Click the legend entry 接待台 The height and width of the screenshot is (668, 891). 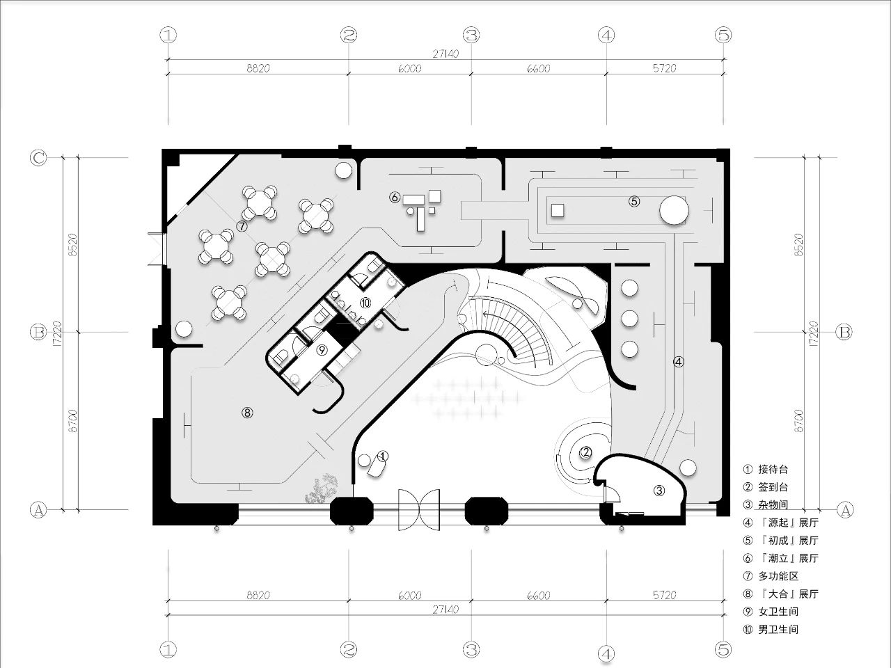pyautogui.click(x=773, y=470)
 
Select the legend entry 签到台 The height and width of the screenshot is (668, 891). pyautogui.click(x=773, y=488)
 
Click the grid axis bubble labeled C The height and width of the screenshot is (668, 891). pyautogui.click(x=38, y=158)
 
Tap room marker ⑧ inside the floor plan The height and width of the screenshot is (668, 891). pyautogui.click(x=247, y=413)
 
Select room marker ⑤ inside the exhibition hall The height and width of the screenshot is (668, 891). pyautogui.click(x=633, y=201)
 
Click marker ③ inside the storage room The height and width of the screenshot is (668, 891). pyautogui.click(x=659, y=491)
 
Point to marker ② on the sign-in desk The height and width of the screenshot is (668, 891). pyautogui.click(x=586, y=453)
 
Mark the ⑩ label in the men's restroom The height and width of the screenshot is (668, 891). pyautogui.click(x=365, y=302)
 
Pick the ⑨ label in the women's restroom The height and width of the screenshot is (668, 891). pyautogui.click(x=322, y=350)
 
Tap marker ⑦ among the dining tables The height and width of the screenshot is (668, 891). pyautogui.click(x=242, y=226)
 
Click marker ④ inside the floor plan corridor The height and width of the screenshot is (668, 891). pyautogui.click(x=679, y=362)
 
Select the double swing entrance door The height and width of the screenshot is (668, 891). pyautogui.click(x=419, y=509)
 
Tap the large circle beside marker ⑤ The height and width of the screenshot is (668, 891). pyautogui.click(x=674, y=210)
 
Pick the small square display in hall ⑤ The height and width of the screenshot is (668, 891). pyautogui.click(x=557, y=209)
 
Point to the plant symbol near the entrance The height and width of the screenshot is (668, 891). pyautogui.click(x=322, y=488)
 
